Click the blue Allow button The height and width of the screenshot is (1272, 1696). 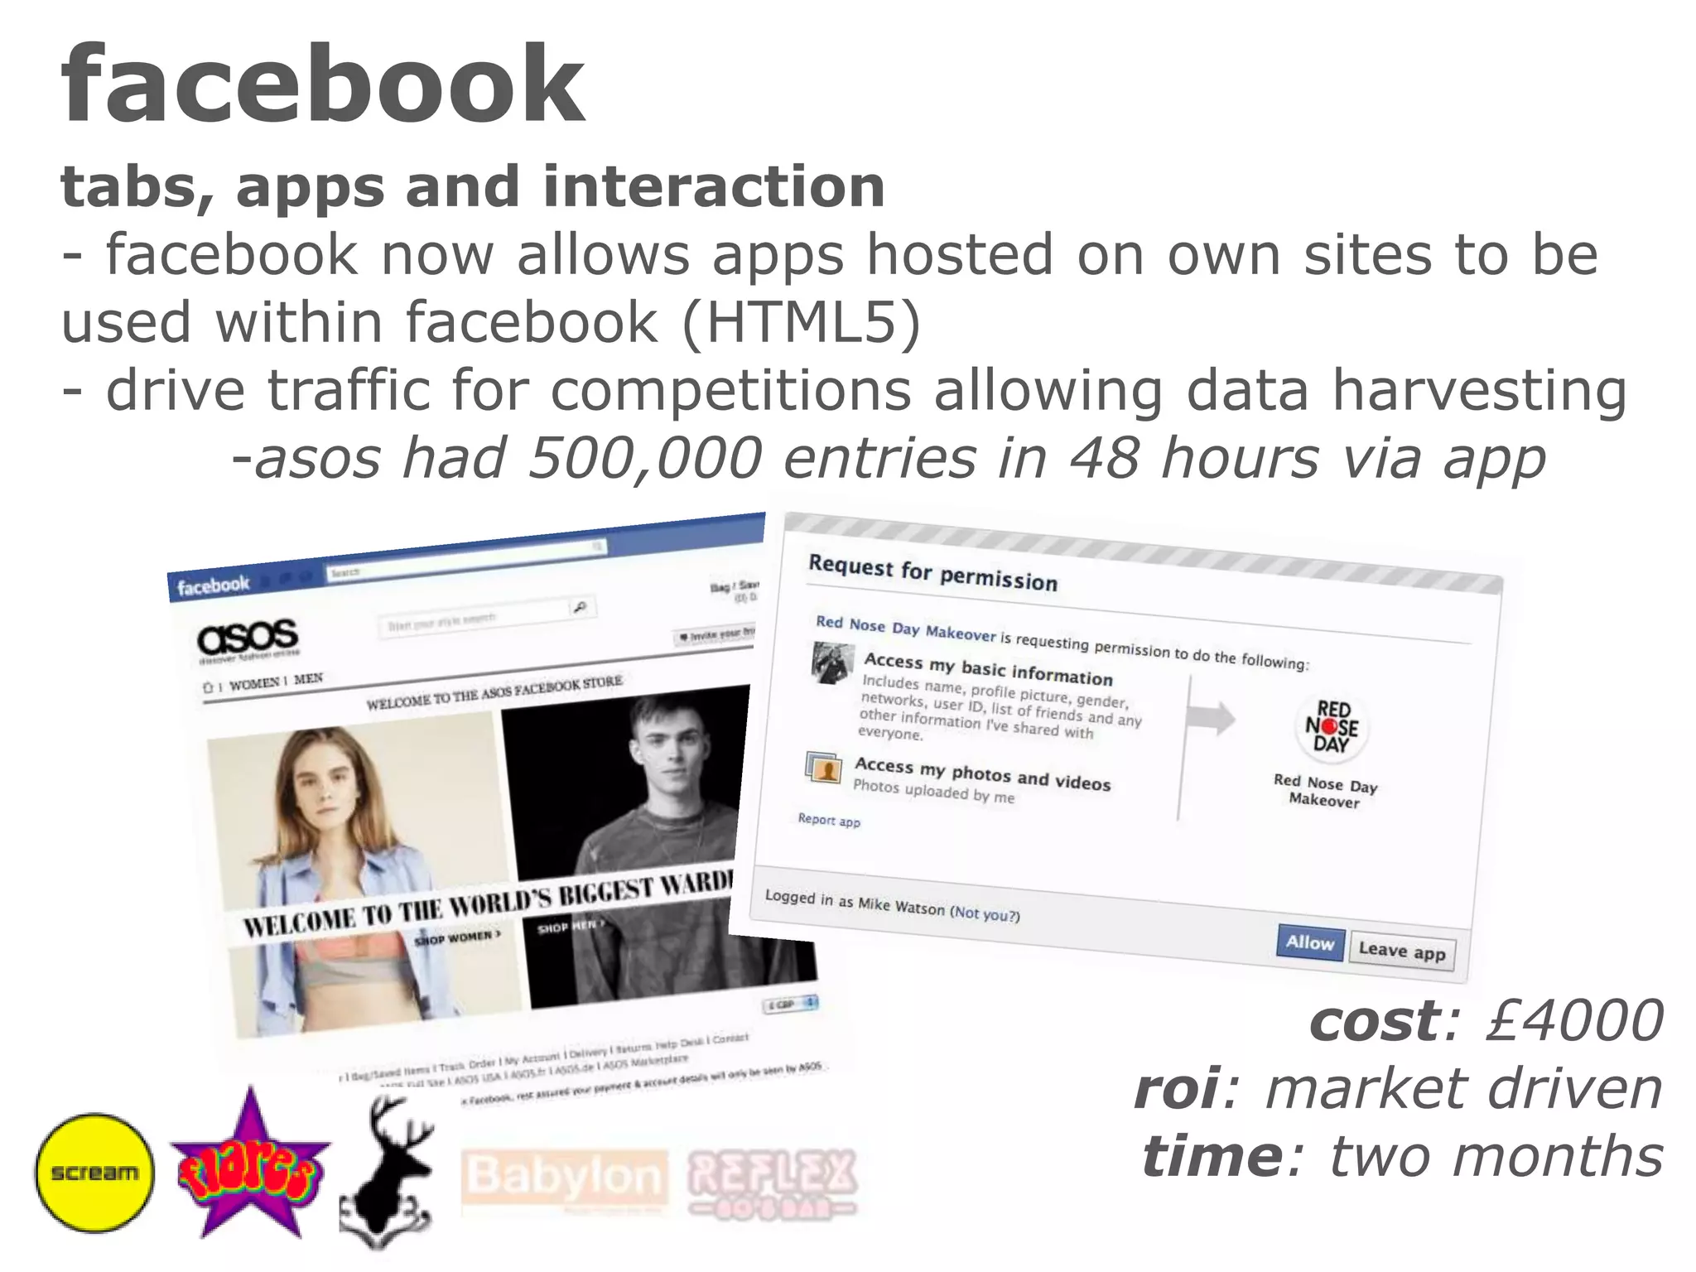coord(1309,942)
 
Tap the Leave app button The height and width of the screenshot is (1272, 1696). coord(1401,951)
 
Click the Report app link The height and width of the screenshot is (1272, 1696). coord(829,820)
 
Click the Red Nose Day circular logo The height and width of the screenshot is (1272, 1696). coord(1332,726)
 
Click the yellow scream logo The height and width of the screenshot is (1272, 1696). coord(94,1172)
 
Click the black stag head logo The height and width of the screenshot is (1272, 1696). coord(387,1172)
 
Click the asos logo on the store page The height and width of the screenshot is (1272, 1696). coord(248,637)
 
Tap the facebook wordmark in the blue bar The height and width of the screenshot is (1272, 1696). coord(213,585)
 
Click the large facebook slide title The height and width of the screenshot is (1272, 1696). coord(322,85)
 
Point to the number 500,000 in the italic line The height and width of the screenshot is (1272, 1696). coord(645,458)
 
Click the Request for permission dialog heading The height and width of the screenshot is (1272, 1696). coord(932,573)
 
